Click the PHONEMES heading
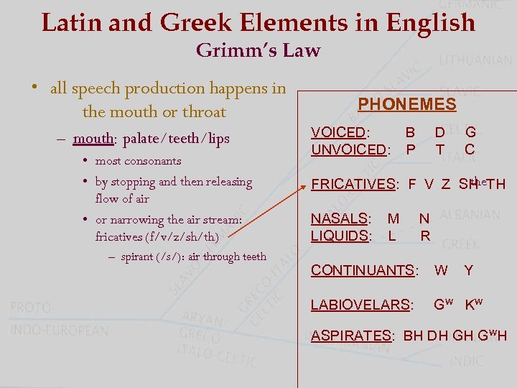tap(407, 104)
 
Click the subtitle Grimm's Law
tap(258, 50)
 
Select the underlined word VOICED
tap(338, 132)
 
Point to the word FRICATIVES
tap(352, 185)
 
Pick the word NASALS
tap(339, 218)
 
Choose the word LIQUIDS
tap(340, 235)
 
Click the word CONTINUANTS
tap(362, 270)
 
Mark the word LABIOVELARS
tap(360, 305)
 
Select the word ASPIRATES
tap(350, 336)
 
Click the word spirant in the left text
tap(137, 257)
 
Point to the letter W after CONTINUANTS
tap(442, 270)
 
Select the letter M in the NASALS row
tap(393, 218)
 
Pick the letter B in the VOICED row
tap(410, 132)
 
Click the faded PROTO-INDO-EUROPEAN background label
tap(59, 318)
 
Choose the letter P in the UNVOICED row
tap(411, 149)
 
